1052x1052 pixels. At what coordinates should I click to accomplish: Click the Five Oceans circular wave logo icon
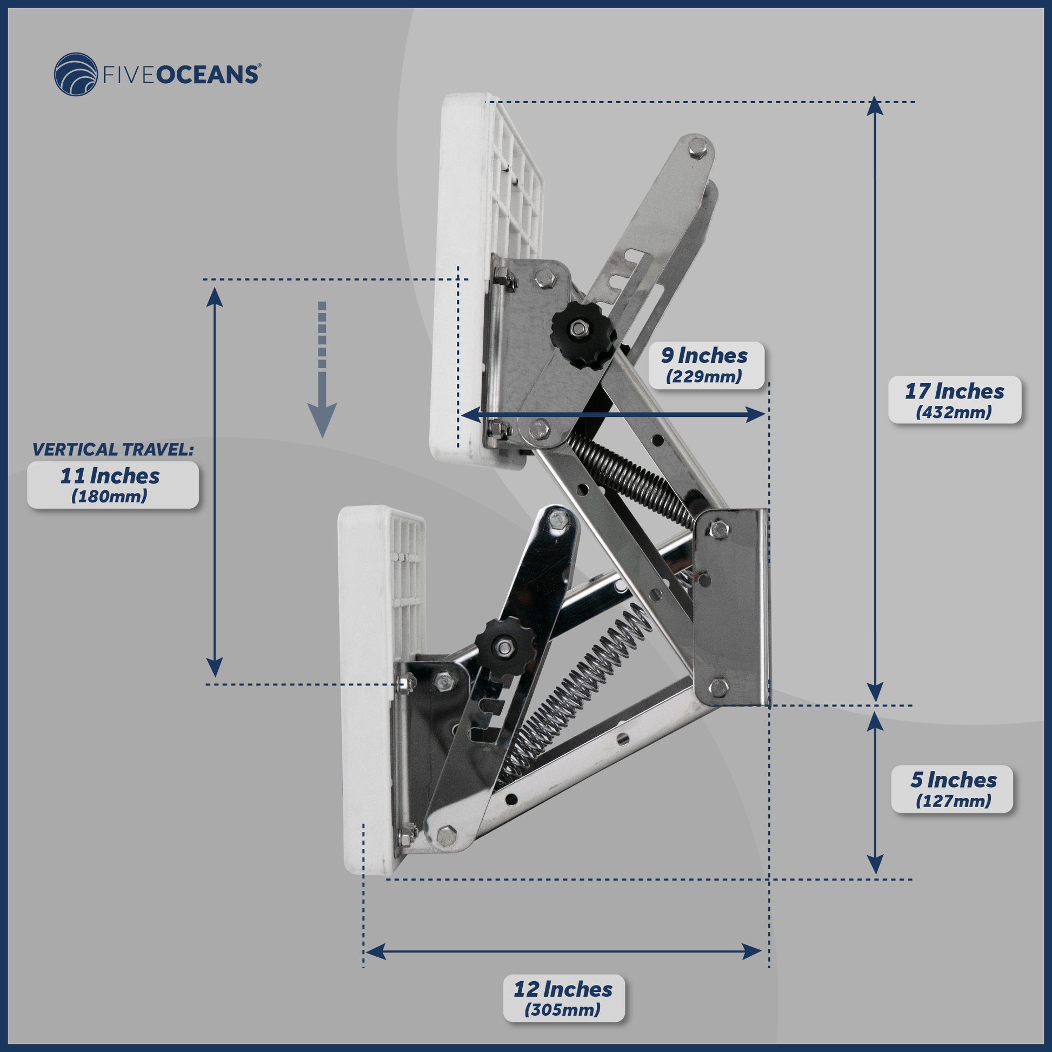click(76, 74)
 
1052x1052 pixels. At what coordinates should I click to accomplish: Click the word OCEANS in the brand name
click(208, 75)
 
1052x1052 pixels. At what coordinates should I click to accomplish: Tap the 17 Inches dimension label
click(954, 399)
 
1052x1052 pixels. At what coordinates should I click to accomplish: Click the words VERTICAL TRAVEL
click(112, 449)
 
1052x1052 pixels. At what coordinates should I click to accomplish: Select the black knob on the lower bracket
click(504, 647)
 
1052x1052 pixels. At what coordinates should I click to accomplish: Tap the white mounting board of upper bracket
click(460, 278)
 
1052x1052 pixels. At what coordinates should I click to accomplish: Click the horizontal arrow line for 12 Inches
click(563, 952)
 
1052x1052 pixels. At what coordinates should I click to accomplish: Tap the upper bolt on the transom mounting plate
click(719, 529)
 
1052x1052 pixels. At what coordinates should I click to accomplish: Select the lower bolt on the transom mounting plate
click(719, 687)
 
